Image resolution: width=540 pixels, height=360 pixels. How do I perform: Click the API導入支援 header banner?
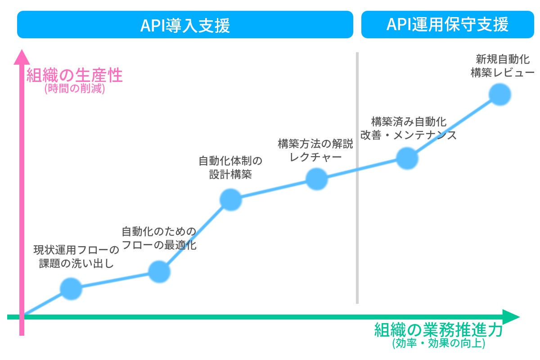[185, 25]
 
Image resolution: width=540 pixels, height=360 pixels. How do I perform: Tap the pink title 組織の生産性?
[75, 76]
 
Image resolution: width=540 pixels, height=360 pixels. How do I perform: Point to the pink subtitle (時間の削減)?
[75, 89]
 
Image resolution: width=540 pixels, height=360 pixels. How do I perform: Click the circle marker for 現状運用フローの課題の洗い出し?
[71, 288]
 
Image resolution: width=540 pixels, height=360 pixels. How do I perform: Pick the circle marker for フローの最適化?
[159, 271]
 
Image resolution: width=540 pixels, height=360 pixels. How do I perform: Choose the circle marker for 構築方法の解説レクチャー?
[317, 179]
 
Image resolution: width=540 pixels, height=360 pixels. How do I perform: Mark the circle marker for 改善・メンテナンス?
[407, 157]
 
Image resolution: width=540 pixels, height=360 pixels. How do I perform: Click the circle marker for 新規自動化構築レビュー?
[500, 94]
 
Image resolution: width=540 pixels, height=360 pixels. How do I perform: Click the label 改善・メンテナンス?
[409, 135]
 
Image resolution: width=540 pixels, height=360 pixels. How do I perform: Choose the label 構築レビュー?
[502, 72]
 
